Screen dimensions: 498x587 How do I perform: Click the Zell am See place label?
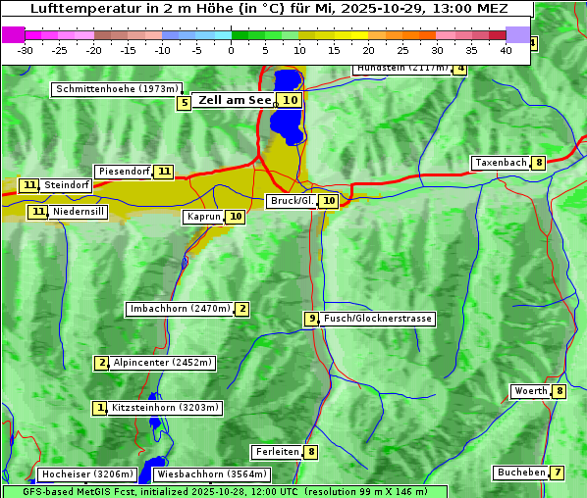point(236,100)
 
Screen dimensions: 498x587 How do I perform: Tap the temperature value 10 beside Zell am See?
point(290,100)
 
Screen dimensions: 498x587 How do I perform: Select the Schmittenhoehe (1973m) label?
point(118,89)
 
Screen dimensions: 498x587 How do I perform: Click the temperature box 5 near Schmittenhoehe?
point(184,103)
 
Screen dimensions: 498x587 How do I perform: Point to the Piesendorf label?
point(124,172)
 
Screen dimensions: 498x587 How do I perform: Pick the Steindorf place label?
point(67,185)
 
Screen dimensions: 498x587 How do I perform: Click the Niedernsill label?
point(79,211)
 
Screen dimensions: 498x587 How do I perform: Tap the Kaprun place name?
point(203,217)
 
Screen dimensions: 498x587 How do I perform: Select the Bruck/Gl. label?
point(292,201)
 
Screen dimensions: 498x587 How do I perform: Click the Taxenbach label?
point(501,163)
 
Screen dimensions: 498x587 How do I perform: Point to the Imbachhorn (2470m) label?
point(181,309)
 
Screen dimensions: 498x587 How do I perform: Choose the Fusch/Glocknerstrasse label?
point(378,319)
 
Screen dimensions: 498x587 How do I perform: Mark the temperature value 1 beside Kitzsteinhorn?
point(99,408)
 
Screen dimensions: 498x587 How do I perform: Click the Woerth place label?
point(531,391)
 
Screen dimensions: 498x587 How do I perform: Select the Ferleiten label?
point(277,452)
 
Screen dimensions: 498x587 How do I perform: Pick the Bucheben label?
point(521,473)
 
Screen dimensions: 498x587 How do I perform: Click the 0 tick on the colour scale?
point(232,50)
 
